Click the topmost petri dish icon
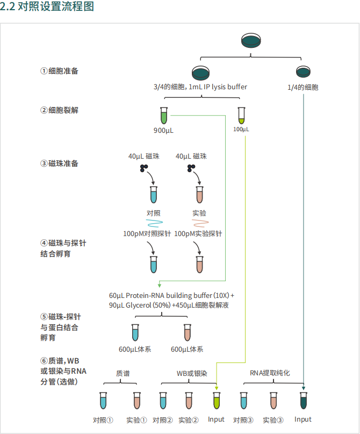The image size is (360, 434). (x=251, y=40)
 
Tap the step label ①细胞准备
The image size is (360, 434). (x=63, y=71)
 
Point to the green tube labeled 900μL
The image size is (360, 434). (x=164, y=116)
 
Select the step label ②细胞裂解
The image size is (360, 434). (x=63, y=110)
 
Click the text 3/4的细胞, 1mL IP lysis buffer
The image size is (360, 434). (x=200, y=87)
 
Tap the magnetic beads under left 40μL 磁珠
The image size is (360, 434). (x=145, y=169)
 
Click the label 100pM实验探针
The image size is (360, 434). (x=198, y=234)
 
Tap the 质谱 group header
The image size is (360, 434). (x=123, y=373)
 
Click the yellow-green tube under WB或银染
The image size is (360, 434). (x=217, y=401)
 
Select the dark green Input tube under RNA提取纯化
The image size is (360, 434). (x=304, y=401)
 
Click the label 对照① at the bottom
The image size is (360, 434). (x=103, y=420)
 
